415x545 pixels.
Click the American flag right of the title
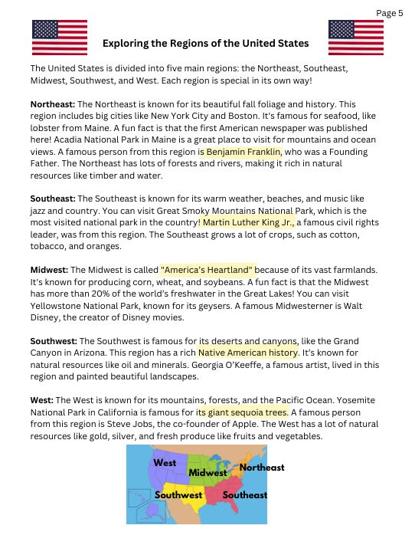(x=355, y=38)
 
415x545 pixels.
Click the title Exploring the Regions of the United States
(x=205, y=43)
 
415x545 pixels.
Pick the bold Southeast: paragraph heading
(x=52, y=199)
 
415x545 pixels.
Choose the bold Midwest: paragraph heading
(x=49, y=270)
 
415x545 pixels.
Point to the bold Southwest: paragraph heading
(x=54, y=341)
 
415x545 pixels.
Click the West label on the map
(x=165, y=463)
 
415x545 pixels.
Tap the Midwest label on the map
(x=207, y=473)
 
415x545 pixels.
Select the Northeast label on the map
(x=261, y=467)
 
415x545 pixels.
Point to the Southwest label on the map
(x=178, y=495)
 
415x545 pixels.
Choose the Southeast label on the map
(x=244, y=495)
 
